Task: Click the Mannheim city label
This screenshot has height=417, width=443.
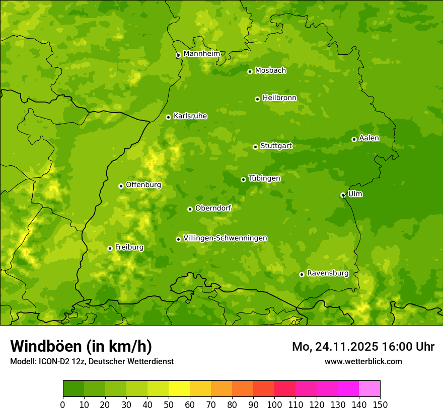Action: (x=201, y=54)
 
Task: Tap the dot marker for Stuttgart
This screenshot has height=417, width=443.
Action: (x=256, y=147)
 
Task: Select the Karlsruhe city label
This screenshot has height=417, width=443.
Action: (x=190, y=116)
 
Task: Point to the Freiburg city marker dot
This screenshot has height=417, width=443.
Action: (x=110, y=248)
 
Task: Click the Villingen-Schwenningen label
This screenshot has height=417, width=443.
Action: (x=225, y=238)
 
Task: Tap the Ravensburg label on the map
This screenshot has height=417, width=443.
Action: (x=327, y=273)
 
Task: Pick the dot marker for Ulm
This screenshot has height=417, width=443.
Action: (x=343, y=195)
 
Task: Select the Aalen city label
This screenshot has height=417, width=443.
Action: (x=369, y=138)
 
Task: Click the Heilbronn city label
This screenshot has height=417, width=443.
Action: (x=279, y=98)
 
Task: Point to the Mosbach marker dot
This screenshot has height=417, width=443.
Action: (x=250, y=71)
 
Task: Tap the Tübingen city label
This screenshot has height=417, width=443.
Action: (x=264, y=178)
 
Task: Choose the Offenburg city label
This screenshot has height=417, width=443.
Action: (x=143, y=185)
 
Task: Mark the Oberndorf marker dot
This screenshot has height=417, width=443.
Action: (x=190, y=209)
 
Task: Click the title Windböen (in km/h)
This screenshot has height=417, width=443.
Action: (x=81, y=346)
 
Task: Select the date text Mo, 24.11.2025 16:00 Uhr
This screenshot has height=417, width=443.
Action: (x=363, y=347)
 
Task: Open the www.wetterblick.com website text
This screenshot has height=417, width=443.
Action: (x=363, y=361)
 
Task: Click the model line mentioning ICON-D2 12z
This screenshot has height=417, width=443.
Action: (x=92, y=361)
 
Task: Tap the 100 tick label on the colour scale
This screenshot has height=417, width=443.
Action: (x=274, y=404)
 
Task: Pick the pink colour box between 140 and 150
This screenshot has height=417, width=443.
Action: (x=370, y=389)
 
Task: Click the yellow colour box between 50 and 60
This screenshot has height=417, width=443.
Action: (x=179, y=389)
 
